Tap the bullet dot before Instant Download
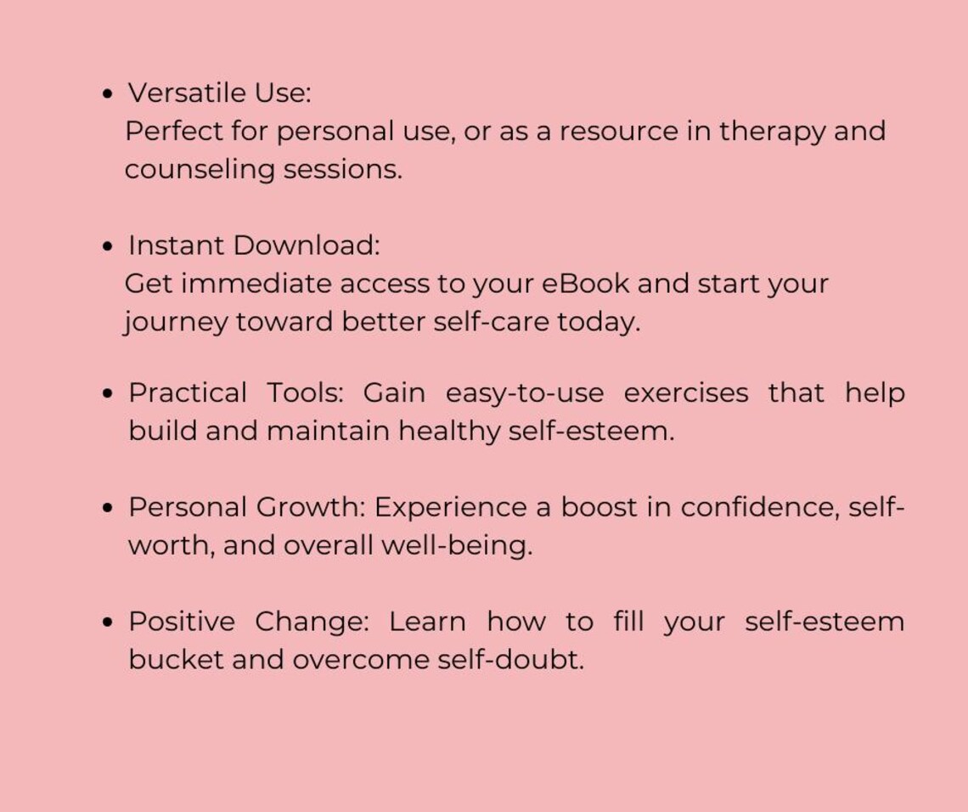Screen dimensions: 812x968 (x=107, y=246)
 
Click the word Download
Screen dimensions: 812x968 (x=306, y=245)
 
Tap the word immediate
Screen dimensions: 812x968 (x=256, y=284)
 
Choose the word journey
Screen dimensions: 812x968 (x=176, y=323)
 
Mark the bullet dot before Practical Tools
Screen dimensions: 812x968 (x=107, y=394)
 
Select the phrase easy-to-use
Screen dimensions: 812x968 (x=525, y=393)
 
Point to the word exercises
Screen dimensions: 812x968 (x=686, y=393)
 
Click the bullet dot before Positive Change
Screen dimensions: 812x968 (x=107, y=623)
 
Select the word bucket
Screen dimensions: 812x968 (x=176, y=660)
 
